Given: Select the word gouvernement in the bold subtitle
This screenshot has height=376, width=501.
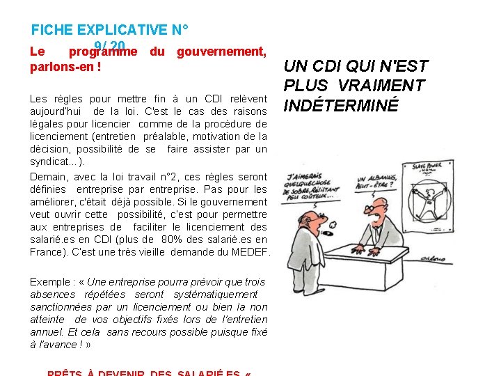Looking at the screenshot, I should coord(221,52).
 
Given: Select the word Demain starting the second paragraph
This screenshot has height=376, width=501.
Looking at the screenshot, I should coord(47,177).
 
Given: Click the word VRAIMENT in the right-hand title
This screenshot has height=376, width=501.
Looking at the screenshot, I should coord(388,86).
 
